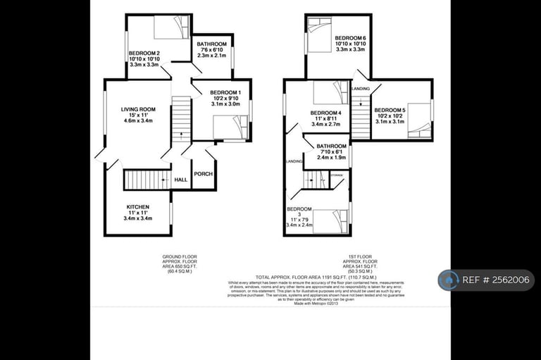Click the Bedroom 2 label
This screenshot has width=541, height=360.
pos(144,54)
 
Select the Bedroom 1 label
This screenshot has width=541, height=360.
pos(225,93)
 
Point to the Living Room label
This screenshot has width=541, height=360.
pos(137,109)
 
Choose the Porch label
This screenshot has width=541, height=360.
pos(204,173)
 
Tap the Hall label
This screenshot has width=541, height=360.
pos(180,180)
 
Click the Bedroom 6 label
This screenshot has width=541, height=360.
pos(350,37)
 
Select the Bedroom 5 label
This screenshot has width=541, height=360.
pos(390,111)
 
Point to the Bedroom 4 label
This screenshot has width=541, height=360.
pos(325,113)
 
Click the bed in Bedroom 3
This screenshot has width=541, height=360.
pos(330,220)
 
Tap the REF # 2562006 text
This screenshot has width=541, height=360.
pos(497,280)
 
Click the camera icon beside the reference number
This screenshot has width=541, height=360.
pos(449,280)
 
